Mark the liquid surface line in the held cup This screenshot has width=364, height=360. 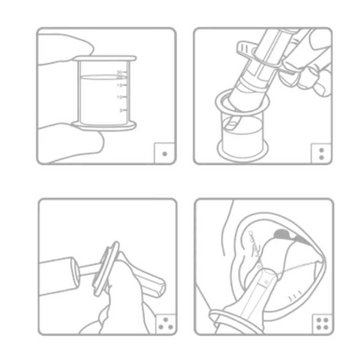pyautogui.click(x=101, y=77)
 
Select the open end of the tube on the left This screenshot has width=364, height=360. pyautogui.click(x=76, y=268)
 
